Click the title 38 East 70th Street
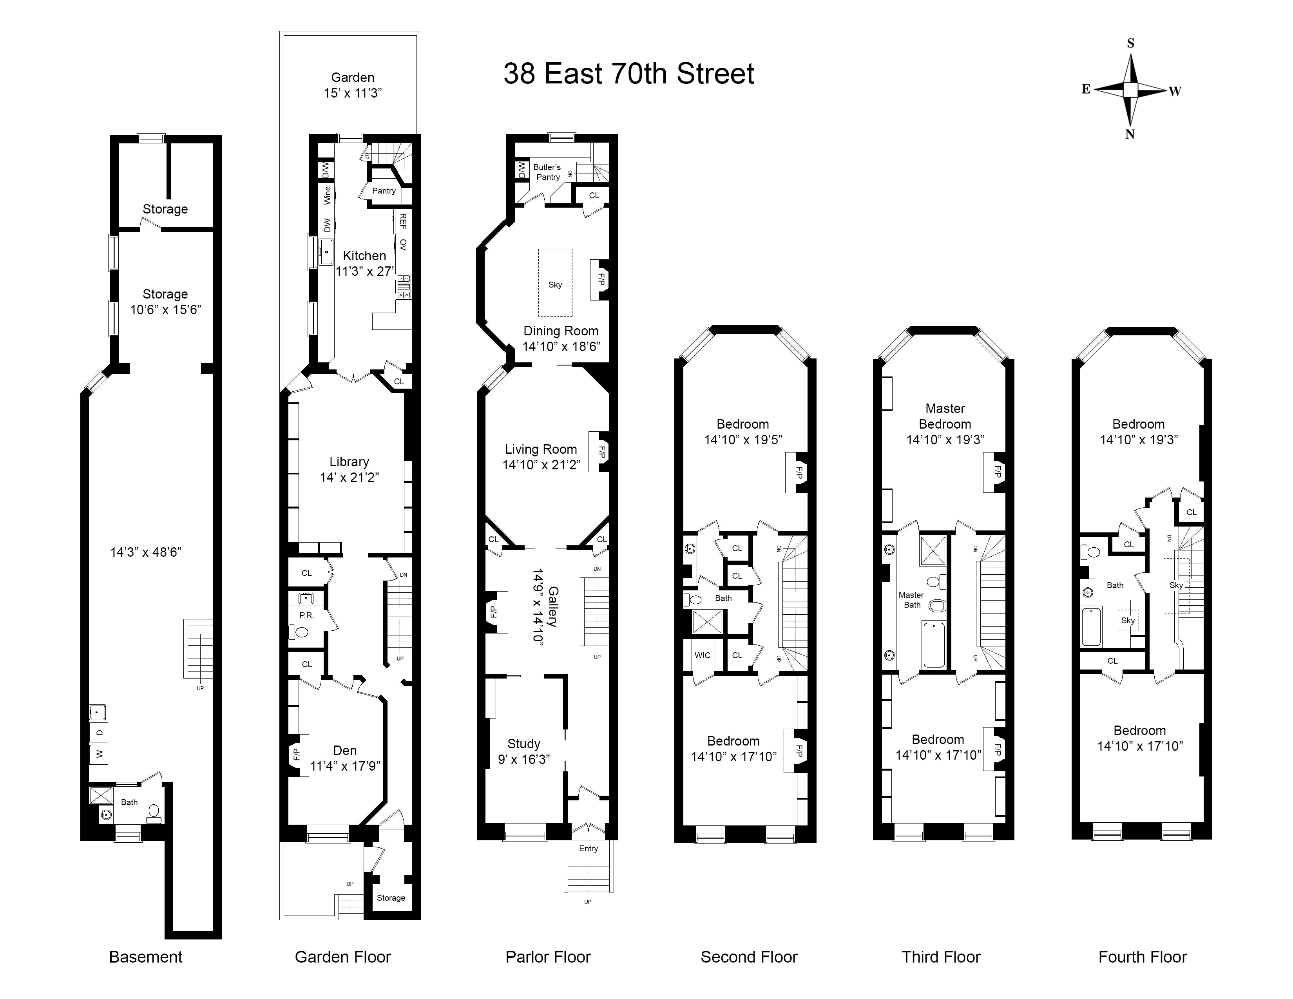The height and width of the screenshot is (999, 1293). click(x=629, y=74)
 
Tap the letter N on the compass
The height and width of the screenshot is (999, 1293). click(x=1130, y=134)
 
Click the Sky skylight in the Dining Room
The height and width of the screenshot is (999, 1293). click(x=555, y=285)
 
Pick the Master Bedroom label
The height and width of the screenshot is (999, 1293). click(x=945, y=416)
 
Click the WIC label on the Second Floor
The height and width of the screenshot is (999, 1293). click(x=703, y=655)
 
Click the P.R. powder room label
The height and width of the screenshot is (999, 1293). click(x=307, y=615)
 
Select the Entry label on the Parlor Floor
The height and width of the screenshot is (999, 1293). click(x=589, y=849)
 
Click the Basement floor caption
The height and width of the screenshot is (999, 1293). click(x=146, y=957)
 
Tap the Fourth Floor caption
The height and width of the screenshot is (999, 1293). click(x=1143, y=957)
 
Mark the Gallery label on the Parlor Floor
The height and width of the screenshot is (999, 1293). click(x=553, y=606)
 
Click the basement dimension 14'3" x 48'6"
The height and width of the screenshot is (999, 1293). click(x=146, y=552)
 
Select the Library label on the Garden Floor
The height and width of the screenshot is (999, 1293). click(x=349, y=461)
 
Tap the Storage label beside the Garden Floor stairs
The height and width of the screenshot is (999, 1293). click(x=391, y=898)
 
